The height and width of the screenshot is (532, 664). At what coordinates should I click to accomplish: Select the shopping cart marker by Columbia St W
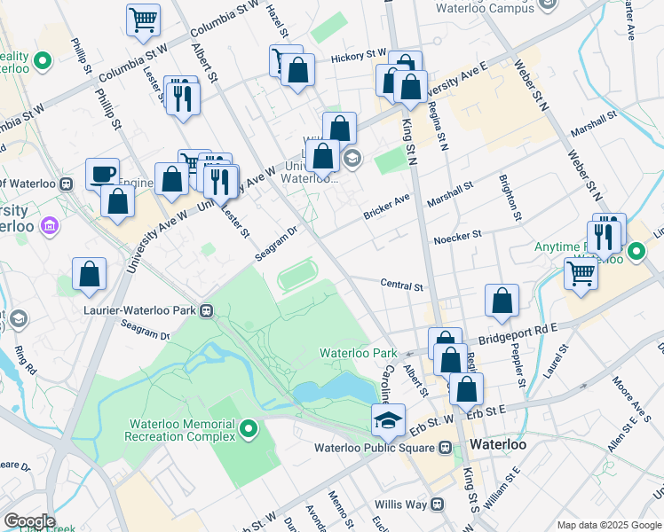pyautogui.click(x=143, y=20)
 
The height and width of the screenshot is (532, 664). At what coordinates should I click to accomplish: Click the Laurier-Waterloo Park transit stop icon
pyautogui.click(x=206, y=311)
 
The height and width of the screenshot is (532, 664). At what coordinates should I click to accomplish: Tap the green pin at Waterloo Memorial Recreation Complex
pyautogui.click(x=249, y=430)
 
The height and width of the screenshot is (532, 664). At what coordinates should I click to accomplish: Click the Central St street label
pyautogui.click(x=401, y=286)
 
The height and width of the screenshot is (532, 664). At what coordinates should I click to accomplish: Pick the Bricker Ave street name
pyautogui.click(x=385, y=206)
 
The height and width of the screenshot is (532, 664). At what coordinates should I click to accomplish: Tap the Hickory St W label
pyautogui.click(x=359, y=56)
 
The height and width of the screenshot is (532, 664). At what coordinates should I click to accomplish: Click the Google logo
pyautogui.click(x=28, y=521)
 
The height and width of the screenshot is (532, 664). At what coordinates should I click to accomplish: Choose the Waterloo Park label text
pyautogui.click(x=358, y=353)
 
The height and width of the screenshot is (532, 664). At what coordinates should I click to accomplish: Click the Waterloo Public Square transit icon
pyautogui.click(x=446, y=447)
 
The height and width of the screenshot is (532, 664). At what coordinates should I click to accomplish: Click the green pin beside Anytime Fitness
pyautogui.click(x=636, y=253)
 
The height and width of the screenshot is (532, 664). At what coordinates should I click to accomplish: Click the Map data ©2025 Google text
pyautogui.click(x=608, y=525)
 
